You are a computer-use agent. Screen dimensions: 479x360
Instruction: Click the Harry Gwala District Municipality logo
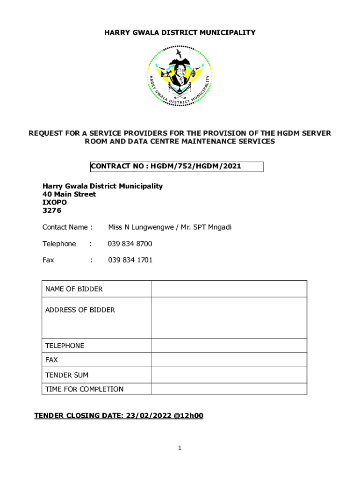pos(180,76)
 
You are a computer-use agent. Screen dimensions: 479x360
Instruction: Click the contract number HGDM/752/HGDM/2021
pos(196,167)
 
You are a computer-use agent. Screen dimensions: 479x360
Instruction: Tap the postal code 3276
pos(51,210)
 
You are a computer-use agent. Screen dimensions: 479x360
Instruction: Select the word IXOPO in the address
pos(55,203)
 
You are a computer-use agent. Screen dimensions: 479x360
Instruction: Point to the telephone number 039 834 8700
pos(130,244)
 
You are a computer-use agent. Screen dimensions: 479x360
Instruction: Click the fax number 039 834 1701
pos(130,260)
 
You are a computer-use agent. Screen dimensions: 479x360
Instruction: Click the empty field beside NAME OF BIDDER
pos(229,289)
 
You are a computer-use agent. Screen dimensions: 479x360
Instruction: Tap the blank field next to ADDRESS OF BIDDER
pos(229,318)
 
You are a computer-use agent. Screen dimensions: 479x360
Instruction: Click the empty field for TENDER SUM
pos(229,375)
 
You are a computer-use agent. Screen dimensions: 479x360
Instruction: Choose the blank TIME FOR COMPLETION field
pos(229,389)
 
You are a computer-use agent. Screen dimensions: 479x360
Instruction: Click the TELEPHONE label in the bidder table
pos(65,346)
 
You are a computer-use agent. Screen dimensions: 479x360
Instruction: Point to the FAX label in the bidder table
pos(51,360)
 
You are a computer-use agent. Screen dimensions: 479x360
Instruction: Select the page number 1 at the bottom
pos(180,448)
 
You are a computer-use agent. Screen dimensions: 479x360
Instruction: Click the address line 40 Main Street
pos(69,194)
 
